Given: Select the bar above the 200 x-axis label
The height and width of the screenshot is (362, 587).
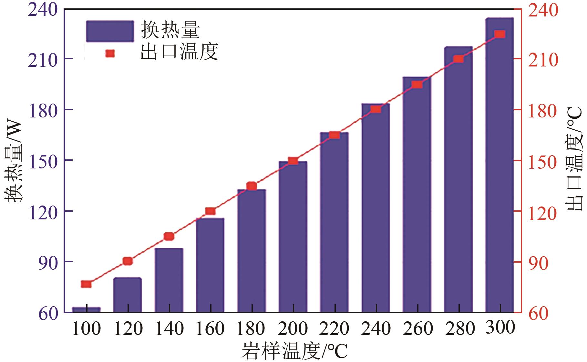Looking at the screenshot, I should click(x=293, y=239).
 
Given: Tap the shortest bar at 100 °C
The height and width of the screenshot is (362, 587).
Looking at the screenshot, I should click(x=86, y=309).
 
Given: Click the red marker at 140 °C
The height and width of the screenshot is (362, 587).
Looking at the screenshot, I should click(x=169, y=236).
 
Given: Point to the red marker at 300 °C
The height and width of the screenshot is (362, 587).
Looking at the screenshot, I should click(x=499, y=34).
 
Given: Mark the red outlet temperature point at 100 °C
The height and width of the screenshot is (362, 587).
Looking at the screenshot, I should click(x=86, y=284).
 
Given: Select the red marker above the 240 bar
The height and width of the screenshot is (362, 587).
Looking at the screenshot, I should click(x=376, y=109).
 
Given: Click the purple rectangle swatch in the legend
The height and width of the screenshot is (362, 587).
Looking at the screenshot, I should click(x=110, y=31).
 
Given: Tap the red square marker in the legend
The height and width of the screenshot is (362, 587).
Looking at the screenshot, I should click(x=110, y=53).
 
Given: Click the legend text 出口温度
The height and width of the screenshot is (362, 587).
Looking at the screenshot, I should click(x=180, y=53).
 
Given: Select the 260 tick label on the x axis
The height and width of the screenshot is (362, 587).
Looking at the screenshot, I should click(x=417, y=329).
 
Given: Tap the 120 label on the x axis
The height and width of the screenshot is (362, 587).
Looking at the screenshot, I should click(x=128, y=329).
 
